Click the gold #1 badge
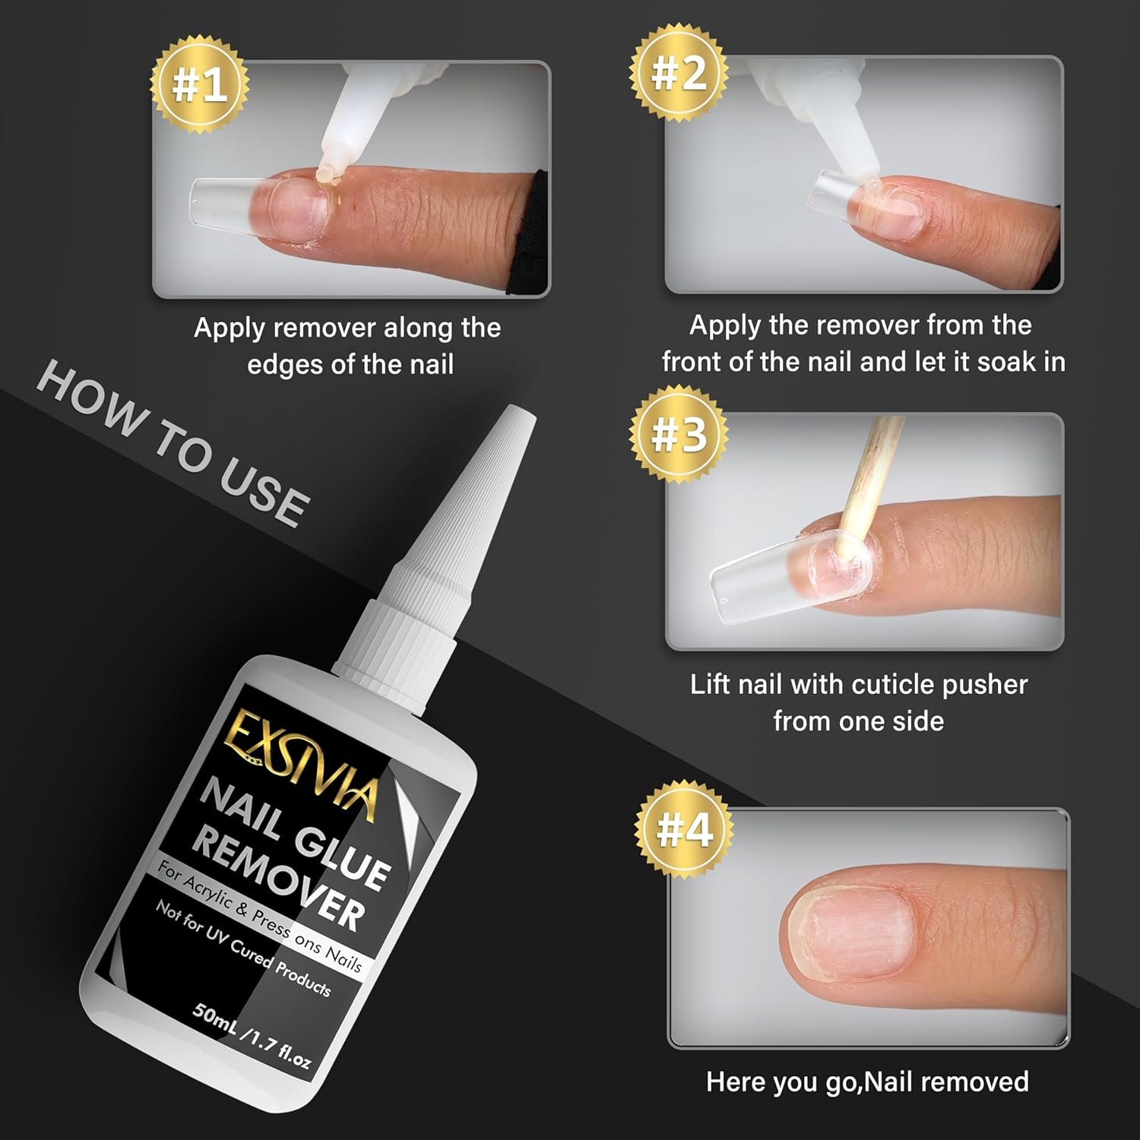[199, 84]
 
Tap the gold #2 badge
[679, 74]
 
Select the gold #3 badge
[679, 434]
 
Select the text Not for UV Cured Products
[243, 949]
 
